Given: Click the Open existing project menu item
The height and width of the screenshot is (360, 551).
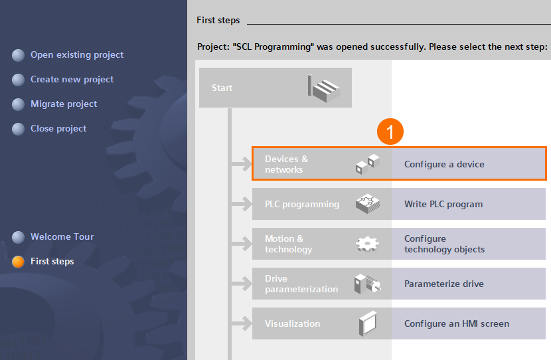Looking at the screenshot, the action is coord(77,55).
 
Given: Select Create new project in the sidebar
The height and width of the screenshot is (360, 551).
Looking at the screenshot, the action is coord(72,80).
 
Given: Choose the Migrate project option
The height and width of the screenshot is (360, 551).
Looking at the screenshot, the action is coord(64,104).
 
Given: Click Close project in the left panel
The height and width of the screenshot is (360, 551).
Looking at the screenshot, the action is coord(58,129).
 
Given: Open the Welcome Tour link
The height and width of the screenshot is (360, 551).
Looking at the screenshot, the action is coord(62,236).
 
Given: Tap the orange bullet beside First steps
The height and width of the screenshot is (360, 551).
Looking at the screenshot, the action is coord(18,262).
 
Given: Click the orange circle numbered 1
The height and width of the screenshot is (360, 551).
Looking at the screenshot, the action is coord(390,132).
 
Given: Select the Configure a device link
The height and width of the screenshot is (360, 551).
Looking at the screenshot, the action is coord(444,164).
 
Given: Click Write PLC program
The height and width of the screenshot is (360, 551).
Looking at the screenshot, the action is coord(443,205).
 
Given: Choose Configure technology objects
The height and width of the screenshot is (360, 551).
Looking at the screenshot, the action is coord(444,244).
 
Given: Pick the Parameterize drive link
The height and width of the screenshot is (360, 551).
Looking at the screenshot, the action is coord(444,284).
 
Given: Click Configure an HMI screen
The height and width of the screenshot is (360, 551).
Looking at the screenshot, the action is coord(457,323).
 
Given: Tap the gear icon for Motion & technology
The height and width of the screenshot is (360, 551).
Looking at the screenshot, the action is coord(367,244).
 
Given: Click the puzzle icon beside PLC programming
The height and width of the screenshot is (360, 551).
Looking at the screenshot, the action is coord(368,204).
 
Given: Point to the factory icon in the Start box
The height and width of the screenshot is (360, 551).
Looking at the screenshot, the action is coord(324,88).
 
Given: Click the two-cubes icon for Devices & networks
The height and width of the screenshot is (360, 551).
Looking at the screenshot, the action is coord(368,164).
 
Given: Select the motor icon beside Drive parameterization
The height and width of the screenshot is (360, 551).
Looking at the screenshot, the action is coord(368,284).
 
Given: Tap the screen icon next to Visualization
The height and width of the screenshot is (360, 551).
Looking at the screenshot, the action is coord(368,323).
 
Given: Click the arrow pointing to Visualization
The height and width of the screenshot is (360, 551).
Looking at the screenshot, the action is coord(242,323).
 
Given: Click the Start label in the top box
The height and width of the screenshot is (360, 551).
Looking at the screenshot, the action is coord(222,88).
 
